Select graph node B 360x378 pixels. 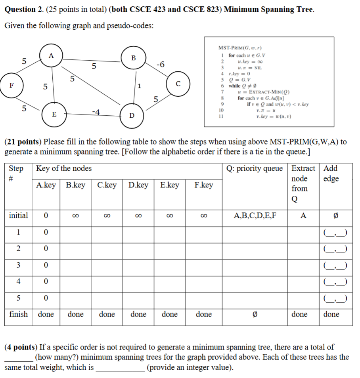click(x=134, y=58)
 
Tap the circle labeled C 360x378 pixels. click(x=178, y=84)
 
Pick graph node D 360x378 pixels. click(x=132, y=115)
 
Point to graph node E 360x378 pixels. click(x=54, y=114)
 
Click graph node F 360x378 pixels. click(x=11, y=85)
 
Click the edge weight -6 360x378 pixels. click(x=161, y=65)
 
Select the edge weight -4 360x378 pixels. click(x=96, y=112)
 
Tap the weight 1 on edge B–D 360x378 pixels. click(x=139, y=86)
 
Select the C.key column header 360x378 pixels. click(x=107, y=185)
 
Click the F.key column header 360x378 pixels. click(x=204, y=185)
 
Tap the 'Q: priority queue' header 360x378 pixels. click(x=255, y=168)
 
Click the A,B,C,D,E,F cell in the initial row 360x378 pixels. click(x=255, y=216)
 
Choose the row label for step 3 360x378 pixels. click(x=18, y=265)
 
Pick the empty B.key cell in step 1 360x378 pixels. click(x=75, y=232)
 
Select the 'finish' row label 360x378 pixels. click(x=18, y=314)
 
